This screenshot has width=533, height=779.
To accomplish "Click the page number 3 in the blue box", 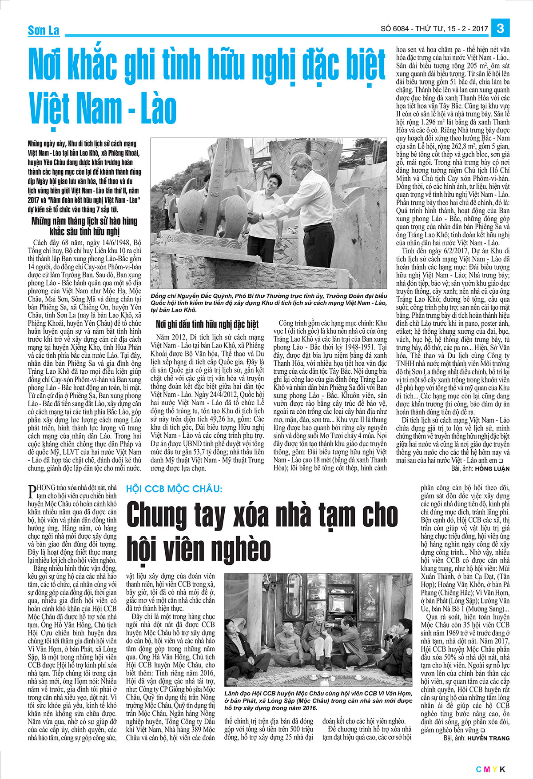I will pyautogui.click(x=501, y=28).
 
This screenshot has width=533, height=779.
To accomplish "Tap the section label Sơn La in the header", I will pyautogui.click(x=44, y=30).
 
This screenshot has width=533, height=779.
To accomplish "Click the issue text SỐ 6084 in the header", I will pyautogui.click(x=396, y=29).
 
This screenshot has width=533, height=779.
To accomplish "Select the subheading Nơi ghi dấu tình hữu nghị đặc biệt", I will pyautogui.click(x=207, y=324).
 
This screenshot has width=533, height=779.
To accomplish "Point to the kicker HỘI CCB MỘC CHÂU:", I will pyautogui.click(x=174, y=489).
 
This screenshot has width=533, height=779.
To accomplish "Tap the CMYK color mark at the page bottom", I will pyautogui.click(x=491, y=770).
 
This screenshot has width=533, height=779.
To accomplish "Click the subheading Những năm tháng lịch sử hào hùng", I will pyautogui.click(x=84, y=221).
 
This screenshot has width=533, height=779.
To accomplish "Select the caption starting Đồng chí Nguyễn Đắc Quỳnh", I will pyautogui.click(x=269, y=303).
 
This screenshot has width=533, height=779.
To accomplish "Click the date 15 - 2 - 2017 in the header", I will pyautogui.click(x=464, y=29).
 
